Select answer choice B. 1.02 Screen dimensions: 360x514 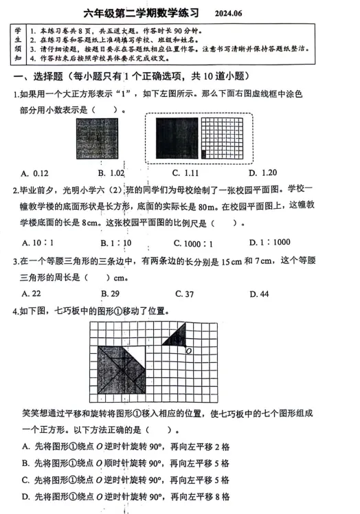(x=111, y=172)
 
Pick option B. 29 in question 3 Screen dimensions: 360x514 (x=110, y=294)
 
